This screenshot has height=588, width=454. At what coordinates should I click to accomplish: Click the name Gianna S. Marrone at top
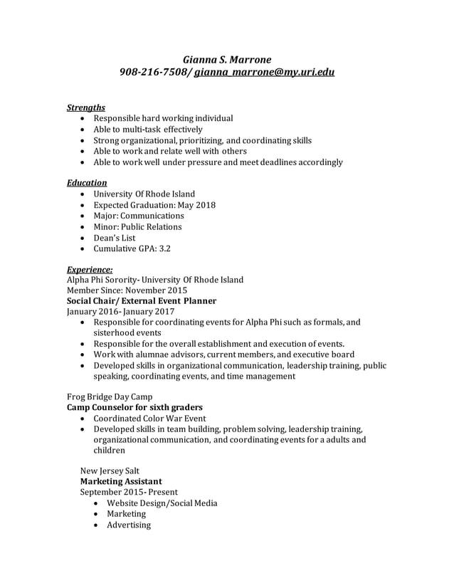pyautogui.click(x=227, y=59)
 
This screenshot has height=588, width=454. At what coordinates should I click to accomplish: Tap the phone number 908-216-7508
pyautogui.click(x=154, y=73)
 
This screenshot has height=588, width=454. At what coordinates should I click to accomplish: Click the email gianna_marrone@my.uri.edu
pyautogui.click(x=264, y=73)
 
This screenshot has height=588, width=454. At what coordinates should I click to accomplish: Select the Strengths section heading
pyautogui.click(x=86, y=107)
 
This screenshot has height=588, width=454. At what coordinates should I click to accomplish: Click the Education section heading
pyautogui.click(x=87, y=183)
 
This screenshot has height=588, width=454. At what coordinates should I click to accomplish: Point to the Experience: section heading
pyautogui.click(x=89, y=269)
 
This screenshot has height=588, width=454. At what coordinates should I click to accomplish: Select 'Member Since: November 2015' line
pyautogui.click(x=127, y=290)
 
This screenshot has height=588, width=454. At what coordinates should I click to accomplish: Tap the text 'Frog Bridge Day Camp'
pyautogui.click(x=110, y=397)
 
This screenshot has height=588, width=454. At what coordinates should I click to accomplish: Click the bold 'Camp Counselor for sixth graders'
pyautogui.click(x=134, y=407)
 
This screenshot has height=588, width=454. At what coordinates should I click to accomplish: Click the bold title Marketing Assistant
pyautogui.click(x=121, y=481)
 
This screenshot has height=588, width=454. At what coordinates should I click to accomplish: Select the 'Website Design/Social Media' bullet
pyautogui.click(x=162, y=503)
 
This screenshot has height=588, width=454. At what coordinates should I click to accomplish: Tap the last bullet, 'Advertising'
pyautogui.click(x=129, y=525)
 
